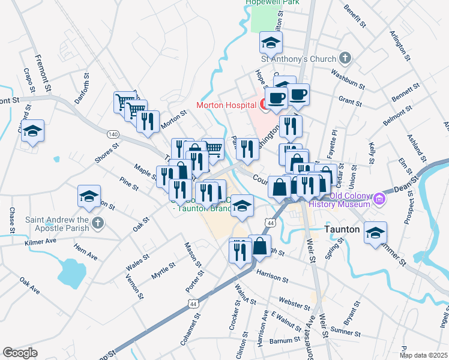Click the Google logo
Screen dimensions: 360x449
coord(20,353)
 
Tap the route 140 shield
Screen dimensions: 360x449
coord(114,133)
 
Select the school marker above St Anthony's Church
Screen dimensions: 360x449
coord(271,42)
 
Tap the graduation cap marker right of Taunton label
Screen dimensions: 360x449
coord(376,232)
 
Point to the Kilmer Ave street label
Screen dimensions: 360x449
coord(40,242)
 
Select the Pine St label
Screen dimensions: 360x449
coord(129,183)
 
